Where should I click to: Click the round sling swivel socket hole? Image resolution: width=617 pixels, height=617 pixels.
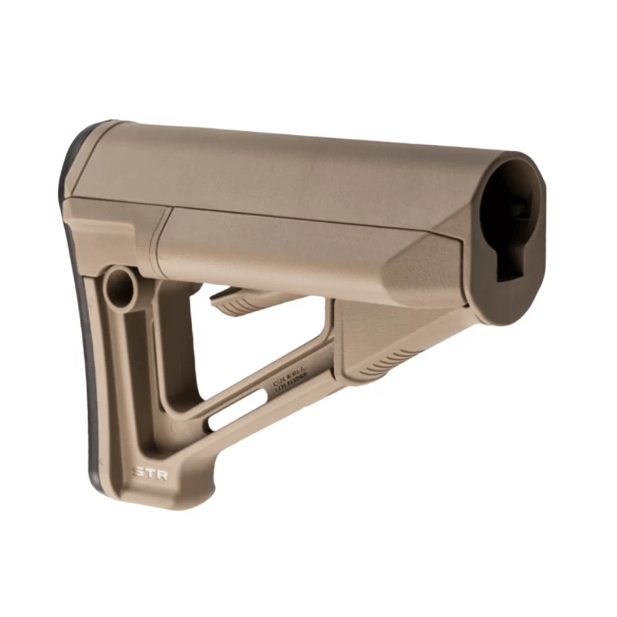pos(120,287)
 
